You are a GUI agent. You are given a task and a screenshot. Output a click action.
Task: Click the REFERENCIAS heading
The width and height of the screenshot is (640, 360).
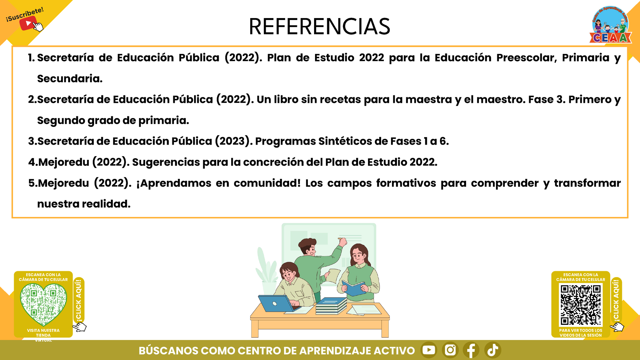[319, 26]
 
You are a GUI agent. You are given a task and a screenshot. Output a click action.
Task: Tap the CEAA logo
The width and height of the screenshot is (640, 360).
[611, 25]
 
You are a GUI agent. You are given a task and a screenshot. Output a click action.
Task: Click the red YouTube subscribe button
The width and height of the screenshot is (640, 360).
[28, 23]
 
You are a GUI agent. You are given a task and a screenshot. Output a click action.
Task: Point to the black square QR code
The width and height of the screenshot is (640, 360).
[581, 305]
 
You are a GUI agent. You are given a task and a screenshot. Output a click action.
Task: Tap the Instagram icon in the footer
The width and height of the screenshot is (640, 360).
[450, 350]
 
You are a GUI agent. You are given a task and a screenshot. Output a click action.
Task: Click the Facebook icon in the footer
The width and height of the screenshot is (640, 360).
[471, 350]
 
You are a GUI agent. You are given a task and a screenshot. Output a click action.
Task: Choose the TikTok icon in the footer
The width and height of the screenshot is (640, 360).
[493, 350]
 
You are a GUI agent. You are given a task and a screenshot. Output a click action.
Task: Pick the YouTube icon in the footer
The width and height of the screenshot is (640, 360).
[429, 350]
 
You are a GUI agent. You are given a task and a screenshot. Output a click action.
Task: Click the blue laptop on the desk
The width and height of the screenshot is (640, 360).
[276, 303]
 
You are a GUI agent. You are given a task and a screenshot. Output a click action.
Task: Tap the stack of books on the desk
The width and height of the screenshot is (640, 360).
[331, 306]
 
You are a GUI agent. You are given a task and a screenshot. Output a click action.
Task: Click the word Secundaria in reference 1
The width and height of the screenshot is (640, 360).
[70, 79]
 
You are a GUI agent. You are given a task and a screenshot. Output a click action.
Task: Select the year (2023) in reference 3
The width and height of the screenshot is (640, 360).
[234, 141]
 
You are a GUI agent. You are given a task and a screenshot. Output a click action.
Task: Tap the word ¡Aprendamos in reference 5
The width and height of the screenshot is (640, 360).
[174, 183]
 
